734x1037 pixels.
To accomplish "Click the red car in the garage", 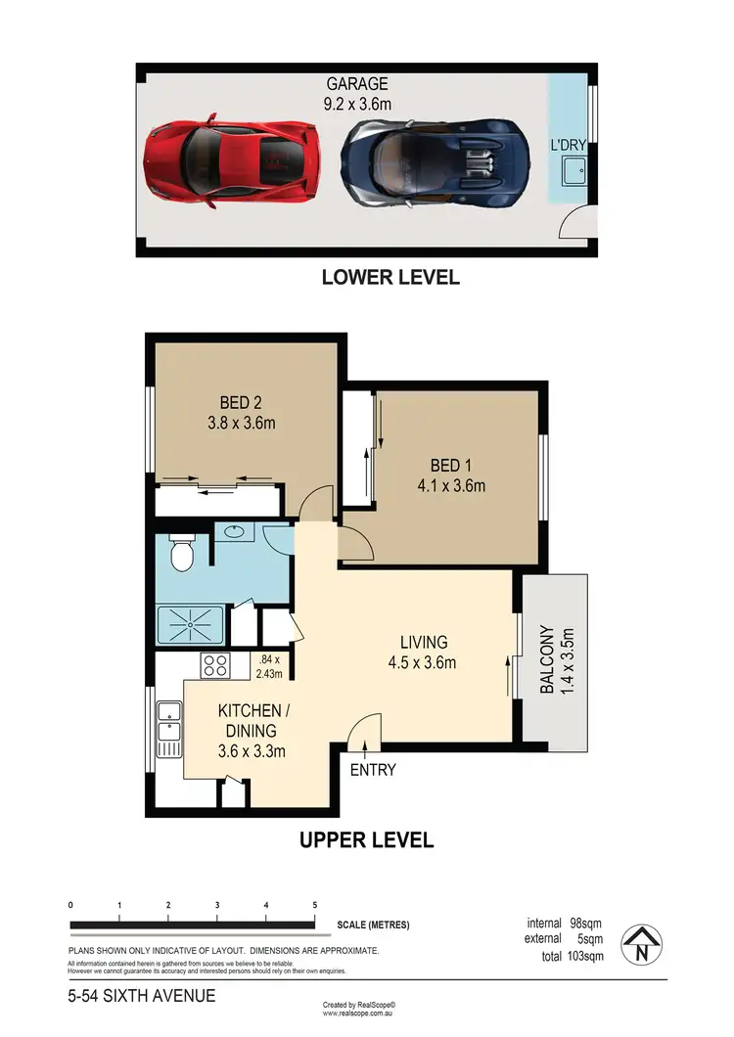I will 234,160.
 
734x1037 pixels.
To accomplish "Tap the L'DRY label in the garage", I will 569,146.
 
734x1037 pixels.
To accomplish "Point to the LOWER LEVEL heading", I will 390,277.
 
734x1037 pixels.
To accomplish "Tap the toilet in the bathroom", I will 180,555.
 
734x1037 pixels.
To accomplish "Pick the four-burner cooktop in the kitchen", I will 214,666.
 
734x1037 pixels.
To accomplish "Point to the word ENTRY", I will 373,770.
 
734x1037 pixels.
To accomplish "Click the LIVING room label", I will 423,643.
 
